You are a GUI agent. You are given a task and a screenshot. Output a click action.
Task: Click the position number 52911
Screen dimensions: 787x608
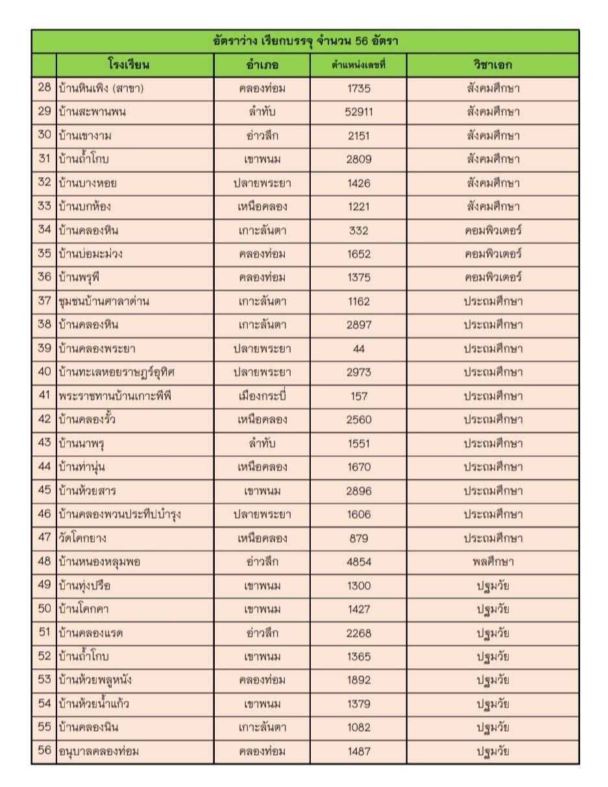click(x=359, y=112)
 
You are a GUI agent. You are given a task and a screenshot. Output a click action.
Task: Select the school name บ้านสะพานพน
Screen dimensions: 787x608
click(x=91, y=112)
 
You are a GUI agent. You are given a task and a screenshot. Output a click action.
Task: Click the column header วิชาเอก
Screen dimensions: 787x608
click(x=492, y=65)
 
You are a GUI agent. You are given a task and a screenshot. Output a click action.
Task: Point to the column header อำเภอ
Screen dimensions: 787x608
click(x=262, y=65)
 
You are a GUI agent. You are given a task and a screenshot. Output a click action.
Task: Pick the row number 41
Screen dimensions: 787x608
click(x=44, y=395)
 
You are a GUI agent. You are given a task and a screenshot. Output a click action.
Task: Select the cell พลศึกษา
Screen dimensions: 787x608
click(x=492, y=562)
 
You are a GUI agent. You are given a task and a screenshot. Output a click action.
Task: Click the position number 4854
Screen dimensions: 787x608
click(x=359, y=562)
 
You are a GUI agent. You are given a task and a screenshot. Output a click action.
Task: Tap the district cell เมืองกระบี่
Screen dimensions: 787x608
click(x=262, y=395)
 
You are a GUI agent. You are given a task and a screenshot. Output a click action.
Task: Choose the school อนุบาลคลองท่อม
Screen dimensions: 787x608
click(x=99, y=751)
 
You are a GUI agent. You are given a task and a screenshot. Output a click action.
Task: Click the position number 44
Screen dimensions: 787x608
click(x=359, y=348)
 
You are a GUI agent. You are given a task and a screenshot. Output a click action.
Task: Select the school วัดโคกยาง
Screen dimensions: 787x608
click(x=82, y=538)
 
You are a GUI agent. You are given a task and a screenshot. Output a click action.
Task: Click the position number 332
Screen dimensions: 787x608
click(x=359, y=230)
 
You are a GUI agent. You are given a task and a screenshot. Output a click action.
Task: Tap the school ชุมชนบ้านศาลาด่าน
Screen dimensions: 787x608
click(x=104, y=301)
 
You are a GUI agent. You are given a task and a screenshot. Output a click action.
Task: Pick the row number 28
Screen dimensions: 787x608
click(x=44, y=88)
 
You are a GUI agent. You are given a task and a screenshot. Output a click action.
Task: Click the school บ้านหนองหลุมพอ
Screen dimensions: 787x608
click(x=99, y=562)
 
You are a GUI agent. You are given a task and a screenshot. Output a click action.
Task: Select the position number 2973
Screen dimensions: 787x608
click(x=359, y=372)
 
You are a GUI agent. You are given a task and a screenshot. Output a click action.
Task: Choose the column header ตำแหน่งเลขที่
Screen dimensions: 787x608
click(x=359, y=65)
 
